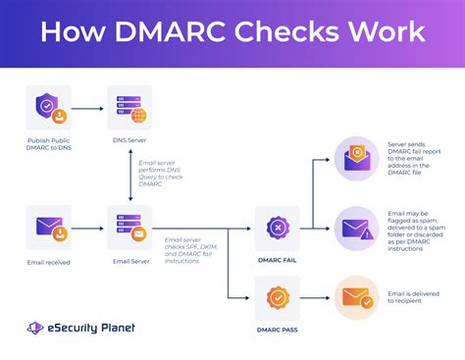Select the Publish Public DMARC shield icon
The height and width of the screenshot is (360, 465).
[x=48, y=109]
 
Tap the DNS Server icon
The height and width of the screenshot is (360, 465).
[x=129, y=109]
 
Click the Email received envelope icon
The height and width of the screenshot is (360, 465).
[x=48, y=228]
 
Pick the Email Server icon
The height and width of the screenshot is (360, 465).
[x=129, y=228]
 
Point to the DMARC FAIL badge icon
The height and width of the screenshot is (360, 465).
[x=277, y=228]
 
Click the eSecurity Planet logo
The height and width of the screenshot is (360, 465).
[x=81, y=329]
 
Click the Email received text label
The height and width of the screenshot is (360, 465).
[x=48, y=262]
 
